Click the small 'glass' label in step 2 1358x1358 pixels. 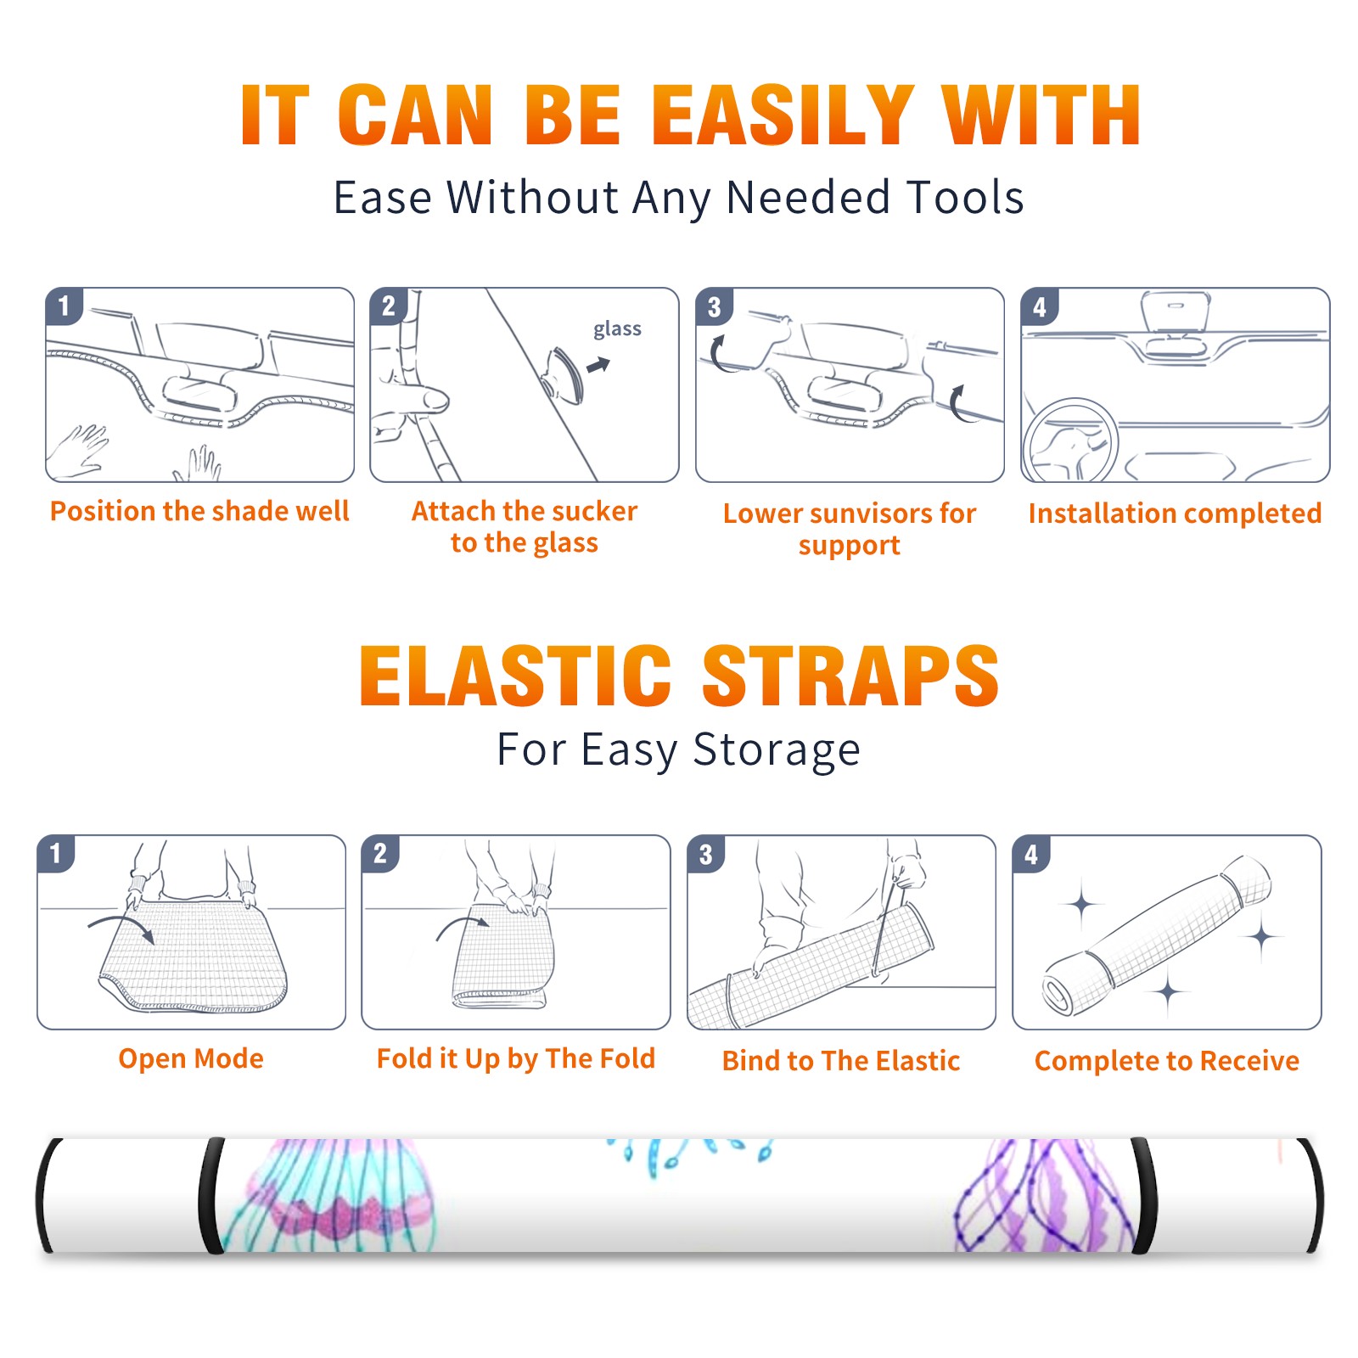(617, 329)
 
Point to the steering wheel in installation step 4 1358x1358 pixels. (1070, 441)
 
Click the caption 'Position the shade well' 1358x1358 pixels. (199, 511)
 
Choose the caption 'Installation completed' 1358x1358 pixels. (1175, 513)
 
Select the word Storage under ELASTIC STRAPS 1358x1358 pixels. (777, 750)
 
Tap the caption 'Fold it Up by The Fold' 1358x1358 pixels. (516, 1058)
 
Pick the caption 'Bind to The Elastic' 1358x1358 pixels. (841, 1061)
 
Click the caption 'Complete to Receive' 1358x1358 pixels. (1167, 1061)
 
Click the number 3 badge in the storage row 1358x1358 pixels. (706, 854)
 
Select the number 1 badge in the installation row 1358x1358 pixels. (64, 306)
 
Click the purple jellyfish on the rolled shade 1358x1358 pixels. (1044, 1197)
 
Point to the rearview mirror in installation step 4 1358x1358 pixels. (1176, 312)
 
